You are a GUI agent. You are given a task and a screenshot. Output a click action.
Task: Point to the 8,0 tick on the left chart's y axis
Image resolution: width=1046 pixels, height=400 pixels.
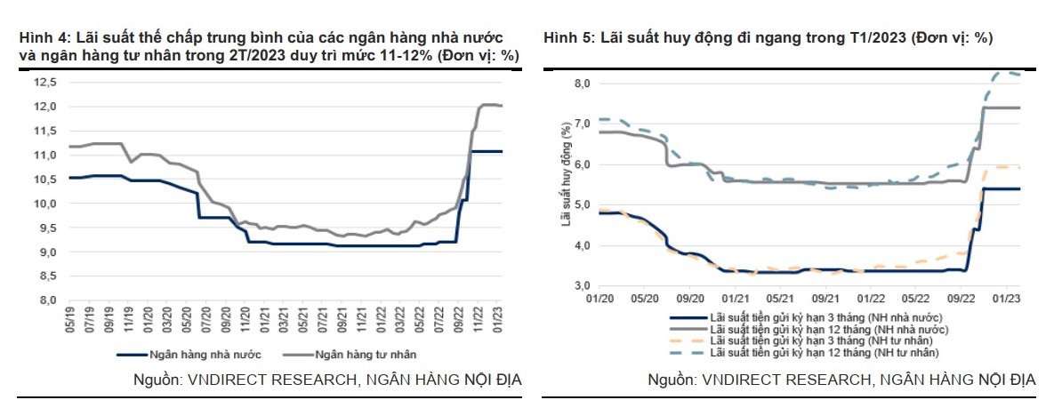point(46,300)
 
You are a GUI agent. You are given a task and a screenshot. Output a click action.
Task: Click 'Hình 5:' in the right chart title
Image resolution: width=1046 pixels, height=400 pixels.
point(568,38)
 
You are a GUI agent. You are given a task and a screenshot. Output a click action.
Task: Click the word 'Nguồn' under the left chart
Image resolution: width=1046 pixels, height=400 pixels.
point(149,380)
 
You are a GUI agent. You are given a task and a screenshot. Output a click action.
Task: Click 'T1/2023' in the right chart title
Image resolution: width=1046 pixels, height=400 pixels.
point(863,38)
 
